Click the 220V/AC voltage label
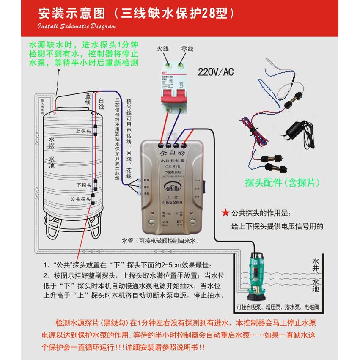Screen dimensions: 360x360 (x=216, y=71)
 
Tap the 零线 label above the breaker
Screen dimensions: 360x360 (x=187, y=49)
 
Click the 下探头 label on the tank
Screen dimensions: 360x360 (x=84, y=185)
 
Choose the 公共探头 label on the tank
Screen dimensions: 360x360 (x=80, y=198)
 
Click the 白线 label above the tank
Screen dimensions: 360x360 (x=101, y=104)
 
